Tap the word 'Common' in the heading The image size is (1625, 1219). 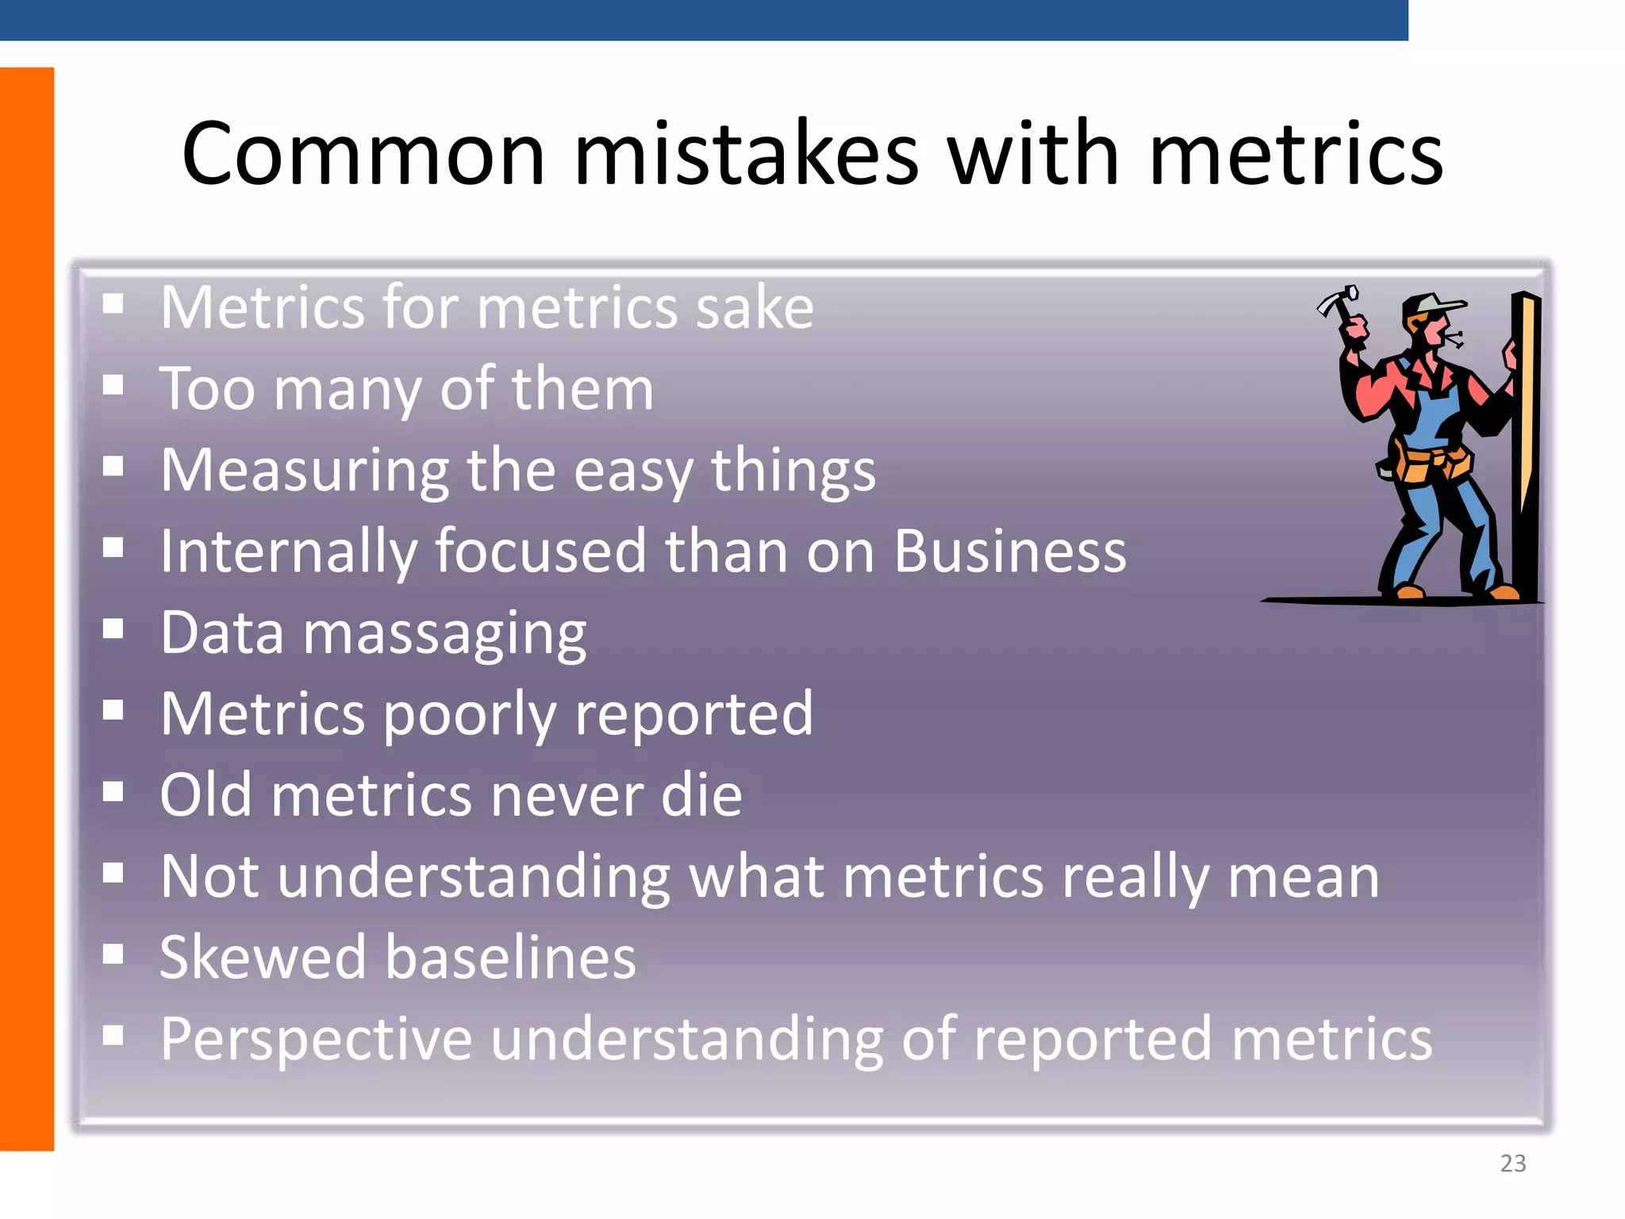pyautogui.click(x=363, y=155)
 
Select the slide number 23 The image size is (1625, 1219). pyautogui.click(x=1512, y=1163)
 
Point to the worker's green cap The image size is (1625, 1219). pyautogui.click(x=1435, y=304)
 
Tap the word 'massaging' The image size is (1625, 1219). pyautogui.click(x=444, y=635)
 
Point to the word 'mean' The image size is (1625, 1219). pyautogui.click(x=1303, y=878)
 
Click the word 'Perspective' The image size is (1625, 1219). pyautogui.click(x=316, y=1040)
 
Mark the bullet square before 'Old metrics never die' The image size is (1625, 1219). pyautogui.click(x=113, y=791)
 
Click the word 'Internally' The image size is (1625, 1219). pyautogui.click(x=288, y=553)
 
